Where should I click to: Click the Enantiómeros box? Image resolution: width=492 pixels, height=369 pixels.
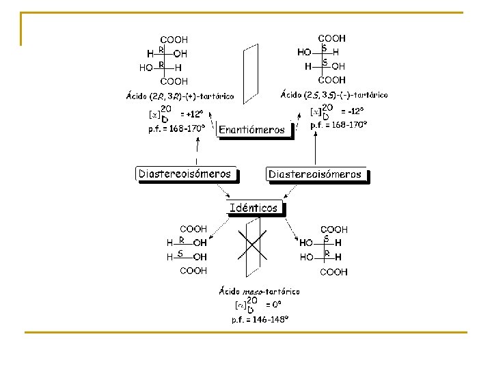(x=251, y=130)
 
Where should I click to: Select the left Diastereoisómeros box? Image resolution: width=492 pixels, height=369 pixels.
(x=185, y=174)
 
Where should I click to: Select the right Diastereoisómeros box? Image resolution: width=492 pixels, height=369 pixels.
(x=315, y=175)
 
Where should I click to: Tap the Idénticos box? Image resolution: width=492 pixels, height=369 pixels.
(x=254, y=208)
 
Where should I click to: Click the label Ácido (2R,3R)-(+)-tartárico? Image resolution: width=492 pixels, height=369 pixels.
(x=180, y=96)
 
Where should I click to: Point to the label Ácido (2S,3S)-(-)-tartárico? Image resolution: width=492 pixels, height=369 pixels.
(x=334, y=95)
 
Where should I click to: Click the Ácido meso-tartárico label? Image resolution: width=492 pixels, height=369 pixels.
(x=259, y=291)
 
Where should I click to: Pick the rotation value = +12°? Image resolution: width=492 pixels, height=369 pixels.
(x=192, y=115)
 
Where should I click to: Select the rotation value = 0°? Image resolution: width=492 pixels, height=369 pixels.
(x=273, y=305)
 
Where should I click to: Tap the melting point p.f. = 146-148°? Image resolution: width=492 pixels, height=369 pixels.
(x=260, y=319)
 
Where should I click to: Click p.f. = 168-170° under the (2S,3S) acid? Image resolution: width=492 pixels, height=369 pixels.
(x=338, y=124)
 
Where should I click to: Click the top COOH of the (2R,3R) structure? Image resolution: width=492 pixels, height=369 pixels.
(x=174, y=40)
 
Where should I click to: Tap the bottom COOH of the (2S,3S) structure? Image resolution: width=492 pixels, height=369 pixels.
(x=332, y=80)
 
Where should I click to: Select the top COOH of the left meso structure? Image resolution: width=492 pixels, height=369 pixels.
(x=193, y=230)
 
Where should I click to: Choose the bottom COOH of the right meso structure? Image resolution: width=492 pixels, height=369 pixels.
(x=334, y=272)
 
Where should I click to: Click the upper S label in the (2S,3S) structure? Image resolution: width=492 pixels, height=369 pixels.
(x=324, y=47)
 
